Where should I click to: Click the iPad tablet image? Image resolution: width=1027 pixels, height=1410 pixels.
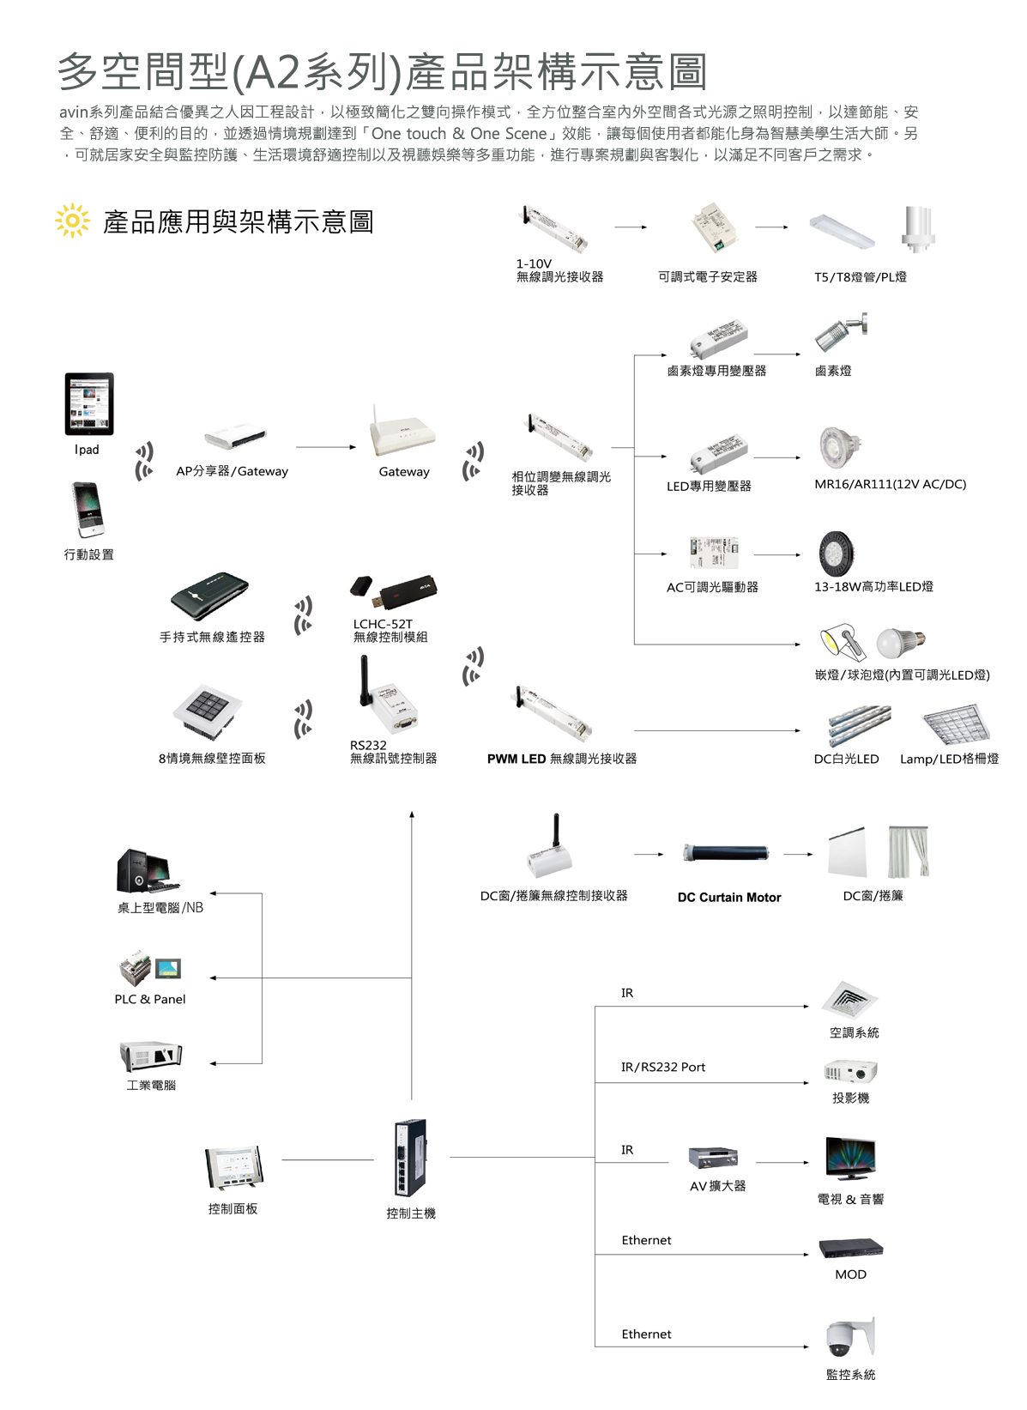[x=89, y=403]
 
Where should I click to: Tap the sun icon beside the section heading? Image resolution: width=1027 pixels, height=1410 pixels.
[x=72, y=221]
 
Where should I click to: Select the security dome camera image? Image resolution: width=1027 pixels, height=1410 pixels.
[x=849, y=1335]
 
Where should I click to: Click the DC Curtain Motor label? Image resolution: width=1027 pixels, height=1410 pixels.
[x=729, y=898]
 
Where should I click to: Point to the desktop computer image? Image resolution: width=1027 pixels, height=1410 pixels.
[x=146, y=872]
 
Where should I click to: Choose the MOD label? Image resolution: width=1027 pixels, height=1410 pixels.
[x=850, y=1274]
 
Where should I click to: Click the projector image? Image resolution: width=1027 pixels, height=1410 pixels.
[x=850, y=1072]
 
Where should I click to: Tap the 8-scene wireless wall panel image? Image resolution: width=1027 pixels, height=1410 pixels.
[x=207, y=711]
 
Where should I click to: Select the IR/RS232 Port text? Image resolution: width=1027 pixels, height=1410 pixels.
[x=663, y=1067]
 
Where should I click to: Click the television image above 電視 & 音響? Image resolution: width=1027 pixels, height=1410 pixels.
[x=850, y=1159]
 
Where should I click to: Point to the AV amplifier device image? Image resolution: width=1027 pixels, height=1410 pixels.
[x=713, y=1158]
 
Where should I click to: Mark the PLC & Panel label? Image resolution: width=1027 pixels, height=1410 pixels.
[x=150, y=999]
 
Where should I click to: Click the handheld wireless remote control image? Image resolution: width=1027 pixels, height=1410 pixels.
[x=209, y=595]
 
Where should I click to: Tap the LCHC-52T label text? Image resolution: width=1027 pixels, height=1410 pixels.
[x=383, y=624]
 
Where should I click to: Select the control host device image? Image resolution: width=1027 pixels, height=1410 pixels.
[x=410, y=1159]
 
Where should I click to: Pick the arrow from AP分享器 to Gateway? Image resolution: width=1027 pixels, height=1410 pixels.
[x=325, y=447]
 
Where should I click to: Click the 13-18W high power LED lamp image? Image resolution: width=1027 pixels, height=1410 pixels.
[x=837, y=554]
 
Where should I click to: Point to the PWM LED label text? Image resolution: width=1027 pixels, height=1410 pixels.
[x=517, y=759]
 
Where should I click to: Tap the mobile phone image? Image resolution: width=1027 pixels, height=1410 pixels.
[x=88, y=510]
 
